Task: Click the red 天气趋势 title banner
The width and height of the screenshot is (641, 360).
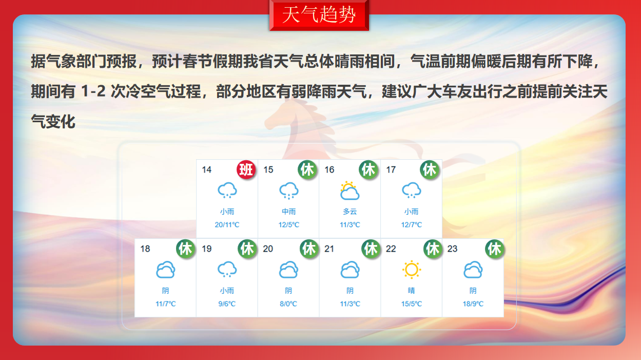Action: (319, 15)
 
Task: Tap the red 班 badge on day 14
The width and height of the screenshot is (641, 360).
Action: (246, 169)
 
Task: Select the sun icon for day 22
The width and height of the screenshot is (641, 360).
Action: (412, 270)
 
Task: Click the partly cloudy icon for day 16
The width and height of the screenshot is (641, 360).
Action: (349, 191)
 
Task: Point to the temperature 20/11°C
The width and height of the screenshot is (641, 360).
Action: (227, 225)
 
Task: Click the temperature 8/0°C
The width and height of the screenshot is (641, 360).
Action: (288, 304)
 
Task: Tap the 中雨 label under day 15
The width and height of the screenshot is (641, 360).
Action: (288, 212)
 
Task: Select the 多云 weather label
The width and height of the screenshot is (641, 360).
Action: (349, 212)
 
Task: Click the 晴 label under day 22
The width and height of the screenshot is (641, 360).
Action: (412, 291)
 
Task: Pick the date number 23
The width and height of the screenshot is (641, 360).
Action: (452, 249)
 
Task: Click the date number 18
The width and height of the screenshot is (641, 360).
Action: (145, 249)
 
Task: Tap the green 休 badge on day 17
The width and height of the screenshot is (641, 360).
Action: (430, 169)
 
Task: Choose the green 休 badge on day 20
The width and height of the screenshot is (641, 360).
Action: (309, 249)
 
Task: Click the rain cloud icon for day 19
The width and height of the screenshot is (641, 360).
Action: (227, 270)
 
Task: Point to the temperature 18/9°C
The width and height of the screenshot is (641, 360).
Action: (473, 304)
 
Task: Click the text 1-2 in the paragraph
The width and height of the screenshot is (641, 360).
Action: (93, 91)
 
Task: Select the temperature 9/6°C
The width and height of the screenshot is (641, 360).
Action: (227, 304)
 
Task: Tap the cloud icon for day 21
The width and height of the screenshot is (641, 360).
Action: (349, 270)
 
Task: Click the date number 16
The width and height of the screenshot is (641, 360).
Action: (329, 169)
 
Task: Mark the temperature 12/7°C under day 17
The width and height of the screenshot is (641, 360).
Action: (412, 225)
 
